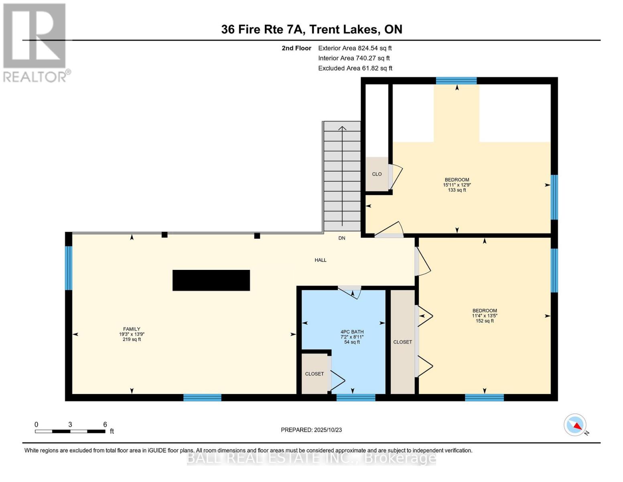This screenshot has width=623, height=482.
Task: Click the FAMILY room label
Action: (132, 329)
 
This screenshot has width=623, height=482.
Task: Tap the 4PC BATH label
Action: (352, 332)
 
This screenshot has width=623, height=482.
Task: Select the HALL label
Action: (320, 260)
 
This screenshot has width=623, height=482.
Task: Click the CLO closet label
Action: (377, 174)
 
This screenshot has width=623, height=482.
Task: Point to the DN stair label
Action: (342, 238)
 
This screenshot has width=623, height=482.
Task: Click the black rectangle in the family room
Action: (211, 280)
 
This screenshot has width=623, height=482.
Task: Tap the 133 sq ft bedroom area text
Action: (457, 190)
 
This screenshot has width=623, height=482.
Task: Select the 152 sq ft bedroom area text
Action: (485, 321)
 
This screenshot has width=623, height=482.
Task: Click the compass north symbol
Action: (576, 425)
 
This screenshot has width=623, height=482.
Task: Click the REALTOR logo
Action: (34, 42)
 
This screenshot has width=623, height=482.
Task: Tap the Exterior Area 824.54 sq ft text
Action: (355, 48)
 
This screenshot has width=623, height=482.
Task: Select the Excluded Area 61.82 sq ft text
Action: (355, 68)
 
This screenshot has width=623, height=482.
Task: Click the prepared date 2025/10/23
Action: (311, 430)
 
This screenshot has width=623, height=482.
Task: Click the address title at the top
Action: (312, 29)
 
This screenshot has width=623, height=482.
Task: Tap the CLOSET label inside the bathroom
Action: (314, 374)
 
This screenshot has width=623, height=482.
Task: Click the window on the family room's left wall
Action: (69, 268)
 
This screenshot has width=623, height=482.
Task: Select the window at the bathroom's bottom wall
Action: (355, 398)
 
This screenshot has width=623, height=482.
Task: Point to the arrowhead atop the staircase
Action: (342, 129)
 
